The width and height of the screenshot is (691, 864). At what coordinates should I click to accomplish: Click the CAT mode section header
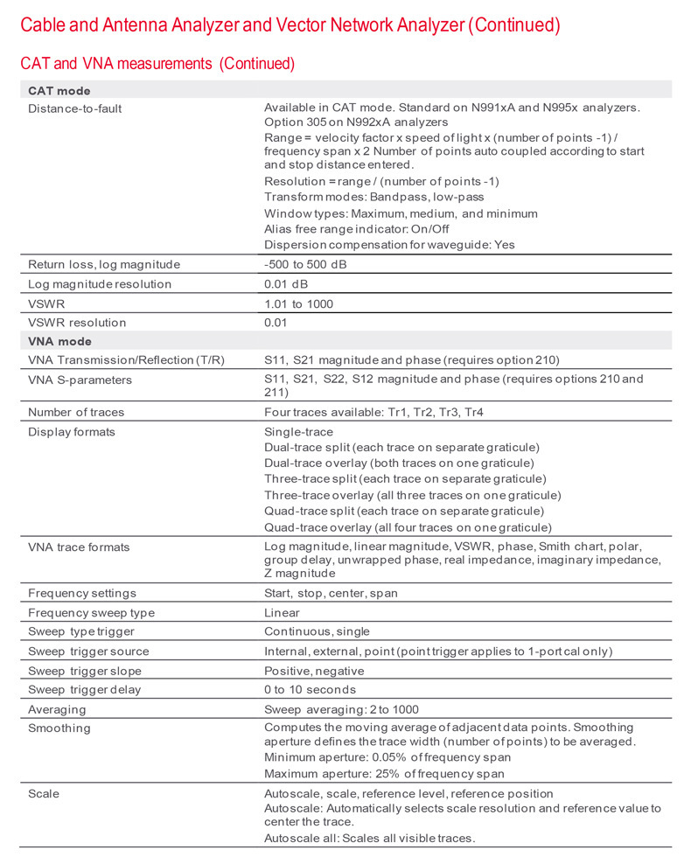tap(59, 90)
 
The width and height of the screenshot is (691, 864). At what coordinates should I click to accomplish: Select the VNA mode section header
tap(59, 341)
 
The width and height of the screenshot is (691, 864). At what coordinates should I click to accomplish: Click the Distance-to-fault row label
tap(74, 108)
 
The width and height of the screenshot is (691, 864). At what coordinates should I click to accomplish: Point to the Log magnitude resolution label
tap(100, 284)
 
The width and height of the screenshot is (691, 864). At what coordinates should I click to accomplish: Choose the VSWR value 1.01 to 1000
tap(298, 303)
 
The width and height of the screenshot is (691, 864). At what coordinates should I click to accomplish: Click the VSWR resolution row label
tap(77, 323)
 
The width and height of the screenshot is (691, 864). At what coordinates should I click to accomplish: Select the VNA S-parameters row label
tap(80, 380)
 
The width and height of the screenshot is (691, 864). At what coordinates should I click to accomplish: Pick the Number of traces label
tap(76, 412)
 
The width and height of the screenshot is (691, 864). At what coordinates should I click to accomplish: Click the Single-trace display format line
tap(298, 432)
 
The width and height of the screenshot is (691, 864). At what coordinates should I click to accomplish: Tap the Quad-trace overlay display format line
tap(408, 527)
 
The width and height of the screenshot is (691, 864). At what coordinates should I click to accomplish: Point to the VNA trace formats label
tap(79, 547)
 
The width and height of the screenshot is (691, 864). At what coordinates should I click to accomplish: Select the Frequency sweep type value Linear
tap(282, 613)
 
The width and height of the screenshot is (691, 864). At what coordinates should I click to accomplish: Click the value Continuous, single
tap(317, 632)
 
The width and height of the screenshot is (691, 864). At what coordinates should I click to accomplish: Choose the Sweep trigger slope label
tap(85, 671)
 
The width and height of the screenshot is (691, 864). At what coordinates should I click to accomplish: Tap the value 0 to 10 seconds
tap(310, 690)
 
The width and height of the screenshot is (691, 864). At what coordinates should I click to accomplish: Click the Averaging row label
tap(57, 709)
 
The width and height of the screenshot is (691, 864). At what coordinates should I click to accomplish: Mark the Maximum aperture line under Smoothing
tap(384, 774)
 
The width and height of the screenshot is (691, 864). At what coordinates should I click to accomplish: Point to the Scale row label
tap(44, 794)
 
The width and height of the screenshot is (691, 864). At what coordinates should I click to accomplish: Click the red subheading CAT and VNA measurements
tap(157, 63)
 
